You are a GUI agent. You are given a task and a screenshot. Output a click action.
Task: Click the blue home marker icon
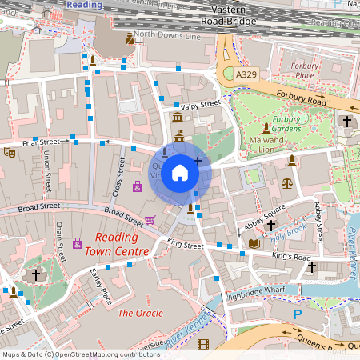point(180,172)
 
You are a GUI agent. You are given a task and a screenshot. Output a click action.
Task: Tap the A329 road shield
point(247,74)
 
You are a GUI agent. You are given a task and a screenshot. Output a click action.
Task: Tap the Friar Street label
point(42,142)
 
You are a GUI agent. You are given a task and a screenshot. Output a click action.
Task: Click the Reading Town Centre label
point(122,245)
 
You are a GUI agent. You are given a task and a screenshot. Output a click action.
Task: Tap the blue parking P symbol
point(298,315)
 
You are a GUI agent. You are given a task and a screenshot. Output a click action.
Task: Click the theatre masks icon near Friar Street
point(10,151)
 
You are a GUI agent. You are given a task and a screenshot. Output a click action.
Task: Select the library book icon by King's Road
point(254,243)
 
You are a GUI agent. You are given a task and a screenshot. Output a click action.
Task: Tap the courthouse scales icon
point(287,183)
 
